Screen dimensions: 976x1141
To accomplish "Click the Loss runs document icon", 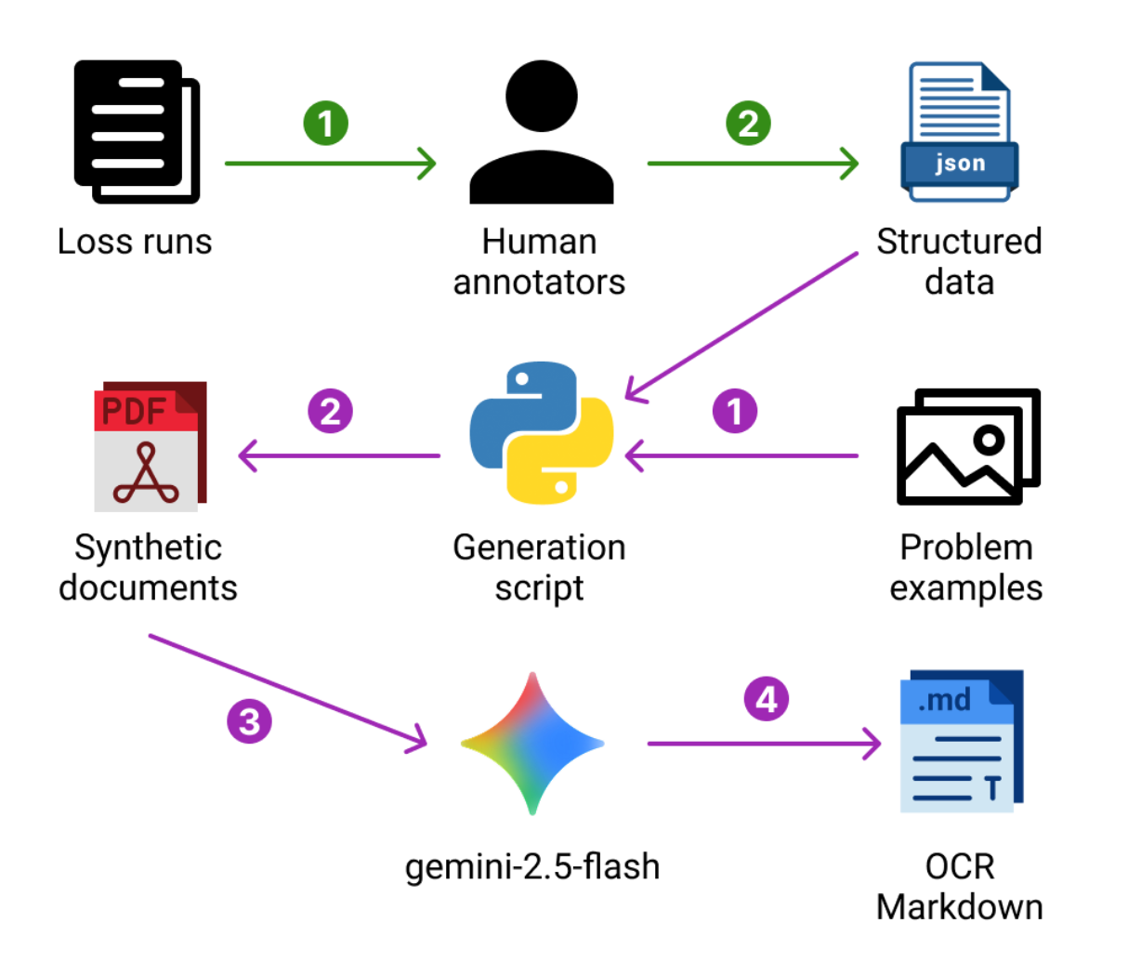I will [x=137, y=131].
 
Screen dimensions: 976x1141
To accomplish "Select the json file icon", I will [x=959, y=131].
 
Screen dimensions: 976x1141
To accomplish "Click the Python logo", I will [x=542, y=432].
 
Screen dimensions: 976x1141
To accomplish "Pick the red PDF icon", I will [x=150, y=446].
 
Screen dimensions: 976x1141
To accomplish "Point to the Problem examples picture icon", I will [x=968, y=446].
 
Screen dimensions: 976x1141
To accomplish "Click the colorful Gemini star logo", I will [x=532, y=744].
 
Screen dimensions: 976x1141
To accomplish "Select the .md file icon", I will [x=961, y=741].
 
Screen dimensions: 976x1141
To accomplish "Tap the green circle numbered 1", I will [x=325, y=124].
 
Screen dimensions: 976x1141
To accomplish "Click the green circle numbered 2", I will [x=748, y=124].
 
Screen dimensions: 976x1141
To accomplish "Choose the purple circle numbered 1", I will [x=734, y=412].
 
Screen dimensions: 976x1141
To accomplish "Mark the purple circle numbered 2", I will [x=330, y=412].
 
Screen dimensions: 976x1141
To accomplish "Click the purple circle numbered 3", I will [x=249, y=721].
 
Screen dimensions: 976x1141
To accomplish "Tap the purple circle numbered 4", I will [x=766, y=699].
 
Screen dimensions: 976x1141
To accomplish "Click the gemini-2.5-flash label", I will [x=532, y=866].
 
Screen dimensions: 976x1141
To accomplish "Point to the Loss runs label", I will [x=135, y=242].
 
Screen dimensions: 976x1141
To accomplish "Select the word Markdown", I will [x=959, y=907].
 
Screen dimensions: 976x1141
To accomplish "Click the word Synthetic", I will [x=148, y=547].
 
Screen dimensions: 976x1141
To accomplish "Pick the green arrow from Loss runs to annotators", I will [x=330, y=164].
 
